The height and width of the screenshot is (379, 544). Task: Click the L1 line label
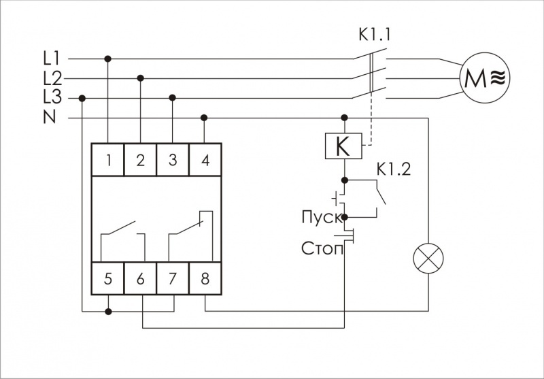[52, 59]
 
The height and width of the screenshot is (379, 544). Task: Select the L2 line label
[52, 78]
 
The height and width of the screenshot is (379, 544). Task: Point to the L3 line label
[52, 97]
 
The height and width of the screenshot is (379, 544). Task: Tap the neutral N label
[49, 117]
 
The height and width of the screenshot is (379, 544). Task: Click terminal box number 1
[108, 161]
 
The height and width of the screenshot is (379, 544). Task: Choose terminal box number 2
[140, 161]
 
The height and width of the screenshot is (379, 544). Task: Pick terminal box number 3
[172, 161]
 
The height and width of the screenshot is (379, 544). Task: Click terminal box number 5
[108, 278]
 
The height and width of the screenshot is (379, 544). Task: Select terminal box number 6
[140, 278]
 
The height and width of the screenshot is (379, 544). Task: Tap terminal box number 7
[172, 278]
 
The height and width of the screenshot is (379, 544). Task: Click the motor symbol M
[483, 78]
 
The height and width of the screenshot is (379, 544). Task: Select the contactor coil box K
[344, 146]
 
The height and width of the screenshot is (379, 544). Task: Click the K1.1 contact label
[375, 33]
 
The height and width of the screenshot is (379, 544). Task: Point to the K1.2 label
[394, 169]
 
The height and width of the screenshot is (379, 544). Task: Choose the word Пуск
[321, 218]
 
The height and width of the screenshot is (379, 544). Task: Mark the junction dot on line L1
[108, 59]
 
